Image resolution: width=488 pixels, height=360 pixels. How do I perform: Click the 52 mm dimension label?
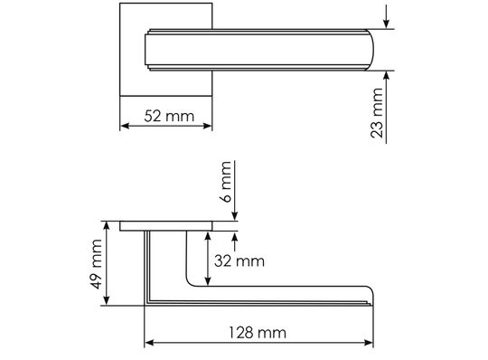coord(169,116)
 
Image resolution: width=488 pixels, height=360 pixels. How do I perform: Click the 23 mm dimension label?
coord(377,113)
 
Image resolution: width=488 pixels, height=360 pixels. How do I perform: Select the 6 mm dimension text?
coord(227,182)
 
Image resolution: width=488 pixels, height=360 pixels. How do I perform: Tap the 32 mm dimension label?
coord(239,261)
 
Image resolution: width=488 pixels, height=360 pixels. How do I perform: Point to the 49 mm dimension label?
coord(97,264)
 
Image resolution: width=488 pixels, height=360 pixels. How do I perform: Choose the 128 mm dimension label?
coord(258,333)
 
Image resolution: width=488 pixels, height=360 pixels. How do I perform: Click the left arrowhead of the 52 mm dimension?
coord(124,126)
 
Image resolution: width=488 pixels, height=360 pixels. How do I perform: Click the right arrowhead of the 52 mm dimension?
coord(208,126)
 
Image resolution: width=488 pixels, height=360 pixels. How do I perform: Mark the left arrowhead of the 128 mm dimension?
coord(150,343)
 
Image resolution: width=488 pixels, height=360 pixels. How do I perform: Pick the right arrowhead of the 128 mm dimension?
coord(369,343)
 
